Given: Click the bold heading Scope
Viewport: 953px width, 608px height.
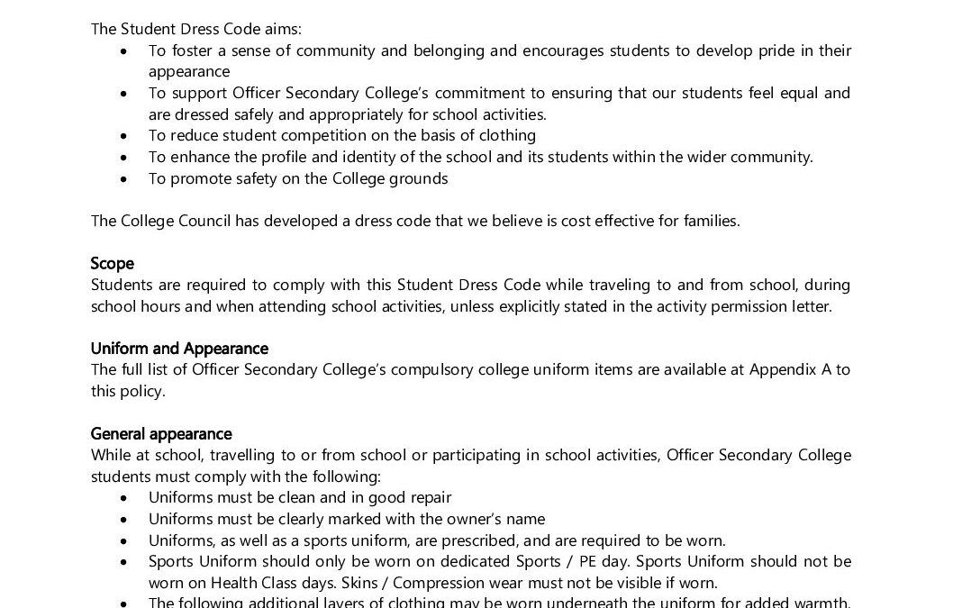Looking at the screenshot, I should (113, 263).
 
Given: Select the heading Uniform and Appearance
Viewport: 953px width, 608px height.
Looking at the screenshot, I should (179, 348).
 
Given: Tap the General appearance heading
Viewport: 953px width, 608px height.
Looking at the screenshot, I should (161, 433).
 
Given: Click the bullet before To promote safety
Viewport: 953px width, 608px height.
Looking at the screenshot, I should (123, 178).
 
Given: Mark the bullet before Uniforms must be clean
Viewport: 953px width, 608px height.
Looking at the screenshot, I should (123, 497).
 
